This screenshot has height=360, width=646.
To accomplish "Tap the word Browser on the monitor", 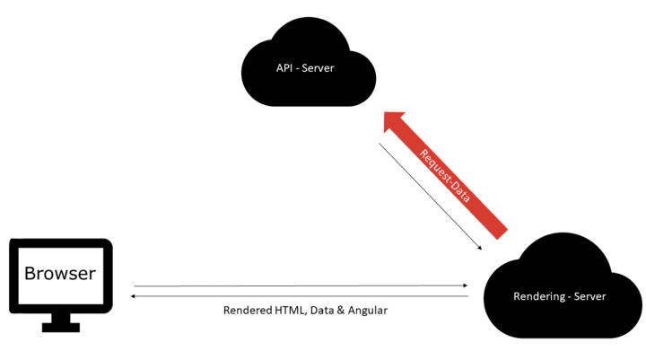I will click(x=59, y=273).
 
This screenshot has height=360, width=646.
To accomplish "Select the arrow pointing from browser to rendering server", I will click(x=301, y=286).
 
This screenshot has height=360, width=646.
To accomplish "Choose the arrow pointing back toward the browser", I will click(x=301, y=295).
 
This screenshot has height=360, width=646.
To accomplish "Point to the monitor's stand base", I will click(x=60, y=329).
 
